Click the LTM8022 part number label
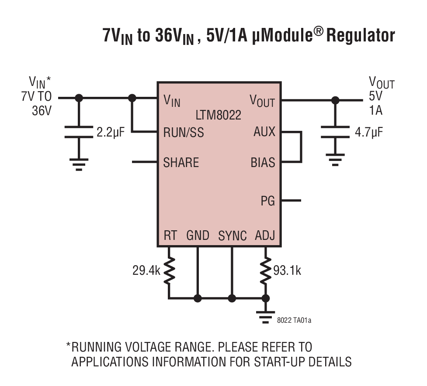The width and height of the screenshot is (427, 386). point(219,116)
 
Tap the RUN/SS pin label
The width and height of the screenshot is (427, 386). point(184,132)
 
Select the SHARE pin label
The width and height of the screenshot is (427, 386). point(181,163)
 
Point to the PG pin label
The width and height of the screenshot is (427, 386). point(268,201)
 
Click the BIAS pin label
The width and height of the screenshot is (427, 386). point(263,163)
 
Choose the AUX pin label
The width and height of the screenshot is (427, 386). point(264,132)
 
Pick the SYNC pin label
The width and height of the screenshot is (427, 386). point(233,236)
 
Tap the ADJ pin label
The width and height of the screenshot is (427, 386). point(265,236)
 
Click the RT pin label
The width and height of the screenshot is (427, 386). point(170,236)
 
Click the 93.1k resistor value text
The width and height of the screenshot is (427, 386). point(287,270)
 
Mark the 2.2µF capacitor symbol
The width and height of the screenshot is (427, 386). point(79,132)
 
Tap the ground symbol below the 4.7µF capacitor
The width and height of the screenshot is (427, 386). point(335,161)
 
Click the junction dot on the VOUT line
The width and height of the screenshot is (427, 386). point(335,100)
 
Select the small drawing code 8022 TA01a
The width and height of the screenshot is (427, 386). point(294,321)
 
